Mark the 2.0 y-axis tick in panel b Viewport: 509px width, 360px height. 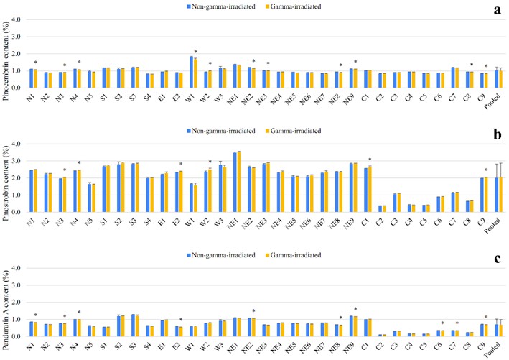[x=21, y=177]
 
